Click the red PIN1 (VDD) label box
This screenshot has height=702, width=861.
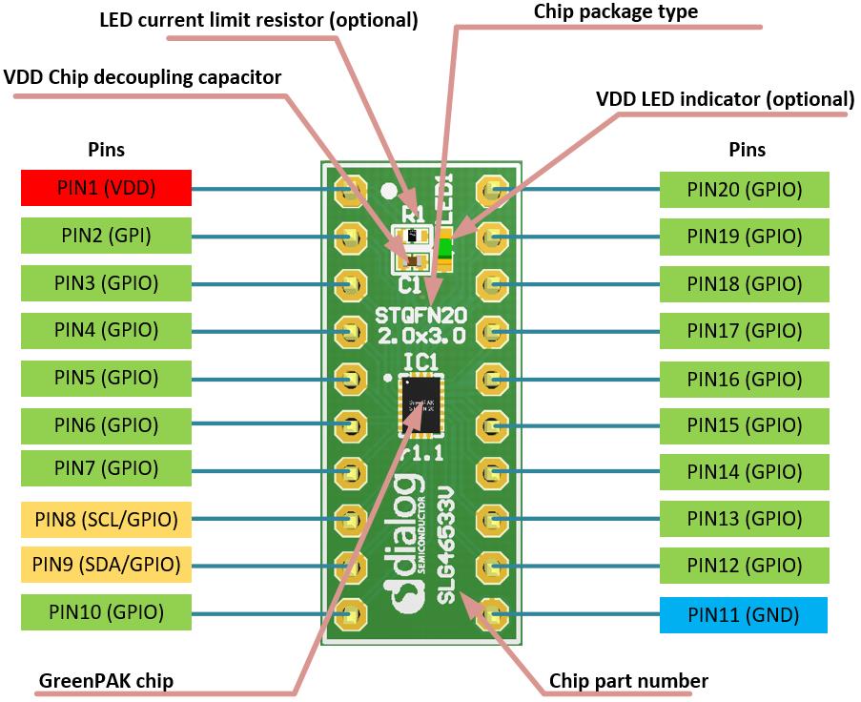coord(106,188)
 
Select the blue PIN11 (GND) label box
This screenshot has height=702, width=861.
coord(743,615)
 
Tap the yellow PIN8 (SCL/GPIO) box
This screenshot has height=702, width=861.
coord(106,520)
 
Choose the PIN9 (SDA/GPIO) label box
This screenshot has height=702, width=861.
coord(106,564)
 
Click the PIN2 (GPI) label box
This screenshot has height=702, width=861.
coord(106,236)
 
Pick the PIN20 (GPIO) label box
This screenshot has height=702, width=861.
coord(744,190)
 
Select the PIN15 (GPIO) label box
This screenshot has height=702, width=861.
coord(744,424)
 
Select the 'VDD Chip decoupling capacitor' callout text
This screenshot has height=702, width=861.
coord(143,77)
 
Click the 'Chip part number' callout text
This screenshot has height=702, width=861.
coord(628,681)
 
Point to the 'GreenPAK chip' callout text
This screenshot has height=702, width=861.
coord(107,681)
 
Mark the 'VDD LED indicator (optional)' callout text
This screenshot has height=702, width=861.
coord(725,99)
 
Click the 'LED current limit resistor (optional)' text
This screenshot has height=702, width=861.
coord(258,20)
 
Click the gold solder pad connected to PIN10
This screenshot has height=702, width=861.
coord(350,611)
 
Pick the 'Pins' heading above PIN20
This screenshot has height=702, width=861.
coord(747,150)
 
